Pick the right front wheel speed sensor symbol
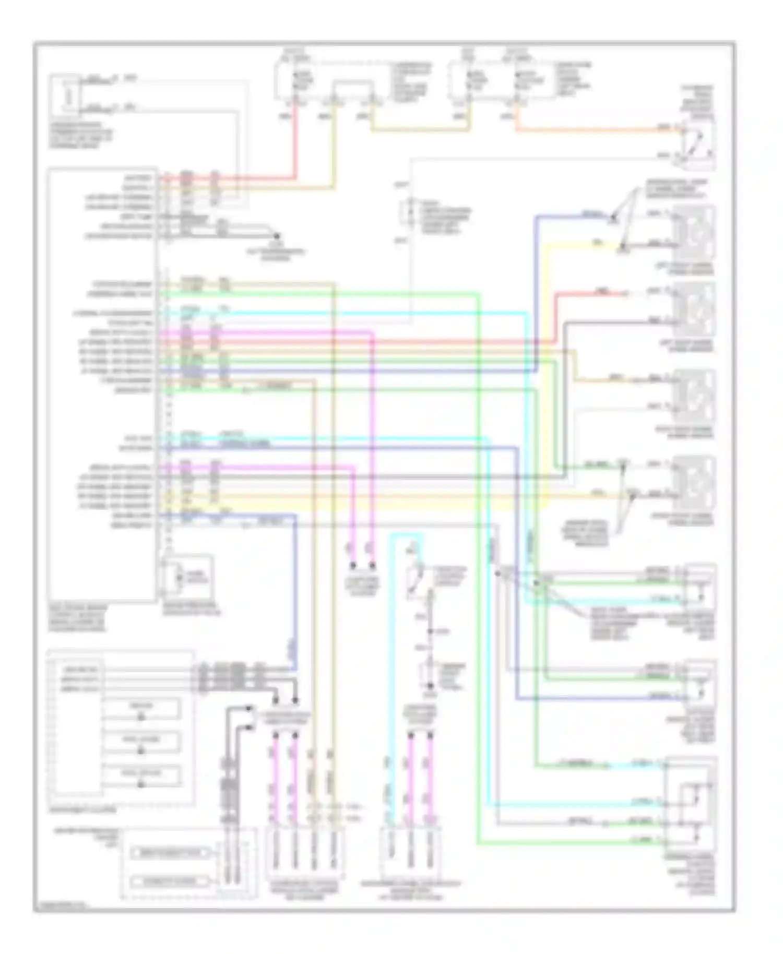coord(695,483)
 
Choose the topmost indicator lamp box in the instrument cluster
coord(141,709)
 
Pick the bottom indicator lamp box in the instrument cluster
coord(141,776)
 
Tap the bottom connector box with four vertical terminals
coord(303,854)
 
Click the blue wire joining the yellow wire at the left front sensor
coord(574,215)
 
